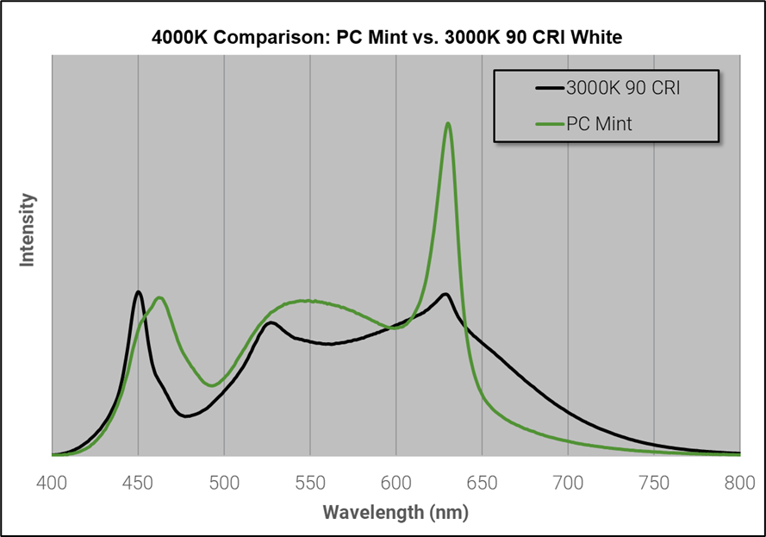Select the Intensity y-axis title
tap(28, 229)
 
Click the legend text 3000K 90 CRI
tap(624, 87)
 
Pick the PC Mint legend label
tap(599, 124)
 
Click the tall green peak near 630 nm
tap(448, 123)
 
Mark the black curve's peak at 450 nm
tap(138, 292)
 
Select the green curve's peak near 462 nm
tap(159, 298)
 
